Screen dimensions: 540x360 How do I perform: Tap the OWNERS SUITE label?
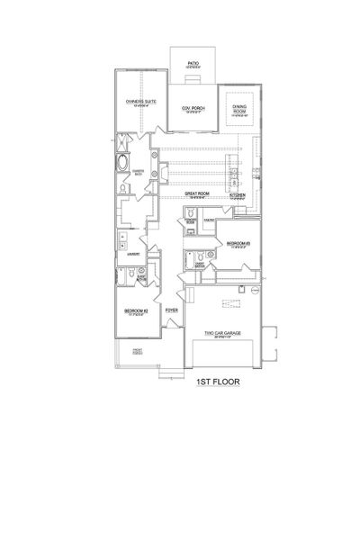140,102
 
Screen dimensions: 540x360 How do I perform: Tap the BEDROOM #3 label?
238,243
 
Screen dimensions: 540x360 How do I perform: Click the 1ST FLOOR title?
216,381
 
